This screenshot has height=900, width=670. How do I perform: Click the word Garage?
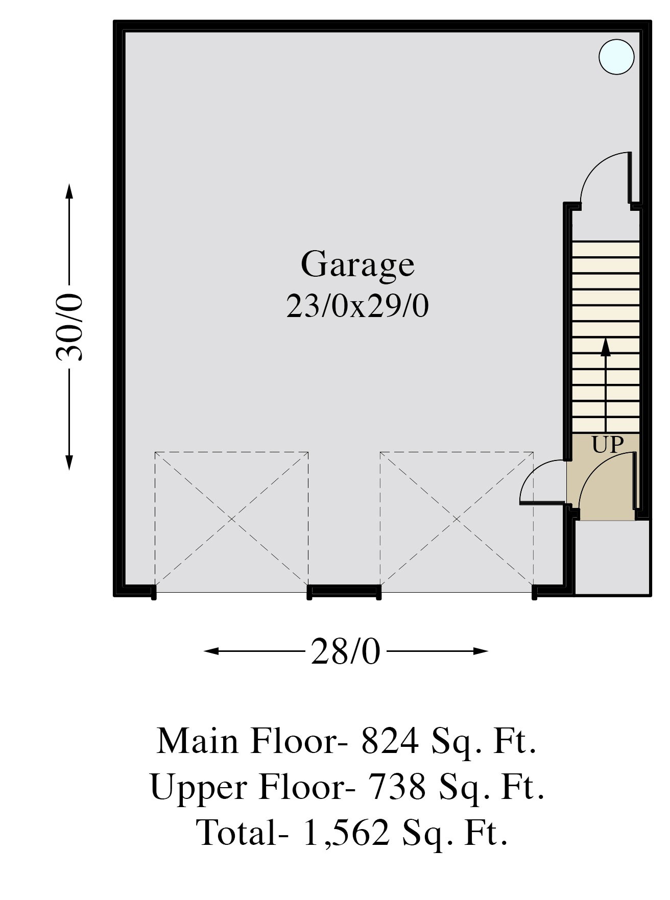point(357,264)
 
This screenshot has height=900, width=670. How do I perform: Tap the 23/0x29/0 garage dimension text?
point(357,307)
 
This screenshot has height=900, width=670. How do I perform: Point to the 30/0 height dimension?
point(69,327)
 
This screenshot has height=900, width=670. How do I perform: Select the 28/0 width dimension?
point(346,651)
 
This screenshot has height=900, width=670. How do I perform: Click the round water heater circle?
point(616,57)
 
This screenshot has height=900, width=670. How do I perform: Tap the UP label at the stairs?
point(608,445)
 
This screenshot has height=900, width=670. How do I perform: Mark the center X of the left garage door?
point(231,519)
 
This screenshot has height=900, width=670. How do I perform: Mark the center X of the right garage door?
point(457,519)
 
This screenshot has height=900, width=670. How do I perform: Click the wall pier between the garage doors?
point(344,591)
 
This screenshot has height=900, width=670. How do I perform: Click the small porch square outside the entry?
point(612,557)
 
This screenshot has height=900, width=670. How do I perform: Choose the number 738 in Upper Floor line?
point(397,787)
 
